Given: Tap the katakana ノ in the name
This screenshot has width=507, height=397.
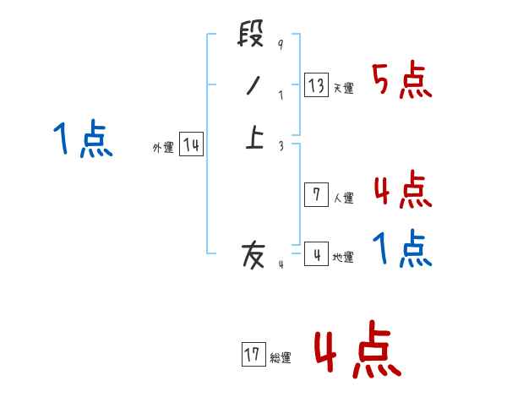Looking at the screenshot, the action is [x=252, y=86].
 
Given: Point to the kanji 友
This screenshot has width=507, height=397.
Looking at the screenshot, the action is [x=253, y=254].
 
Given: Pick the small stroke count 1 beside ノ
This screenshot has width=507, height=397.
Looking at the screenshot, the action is [x=280, y=95].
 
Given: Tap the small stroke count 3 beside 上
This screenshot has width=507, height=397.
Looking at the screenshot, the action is [x=281, y=145].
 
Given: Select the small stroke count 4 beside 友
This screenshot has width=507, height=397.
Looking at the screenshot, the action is [x=281, y=264].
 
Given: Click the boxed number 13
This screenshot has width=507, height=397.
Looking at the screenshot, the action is [x=316, y=85].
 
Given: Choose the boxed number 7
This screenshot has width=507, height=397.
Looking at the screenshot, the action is [x=315, y=195].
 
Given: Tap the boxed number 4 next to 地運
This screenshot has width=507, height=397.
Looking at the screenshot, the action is [x=315, y=254].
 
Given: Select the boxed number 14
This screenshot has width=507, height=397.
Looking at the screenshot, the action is [x=191, y=145].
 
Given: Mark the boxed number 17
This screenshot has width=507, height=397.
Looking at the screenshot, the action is [x=253, y=355].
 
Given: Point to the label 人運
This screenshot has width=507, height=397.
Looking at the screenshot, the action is [x=344, y=198].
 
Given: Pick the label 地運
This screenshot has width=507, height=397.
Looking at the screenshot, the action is [x=344, y=258].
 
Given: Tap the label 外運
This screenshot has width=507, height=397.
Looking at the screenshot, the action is [x=163, y=148].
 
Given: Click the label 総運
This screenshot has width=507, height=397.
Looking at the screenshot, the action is [x=281, y=358].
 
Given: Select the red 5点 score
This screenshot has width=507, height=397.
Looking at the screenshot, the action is [x=401, y=80].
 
